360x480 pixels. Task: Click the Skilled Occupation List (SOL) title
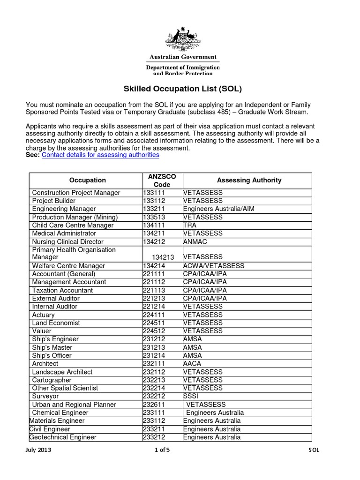182,88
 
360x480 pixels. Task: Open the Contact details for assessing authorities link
100,155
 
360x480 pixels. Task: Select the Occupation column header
87,180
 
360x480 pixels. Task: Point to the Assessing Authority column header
249,180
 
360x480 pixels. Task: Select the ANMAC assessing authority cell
195,242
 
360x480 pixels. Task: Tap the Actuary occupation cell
43,315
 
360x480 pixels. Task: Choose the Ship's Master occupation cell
52,348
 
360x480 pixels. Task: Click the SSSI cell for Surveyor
191,397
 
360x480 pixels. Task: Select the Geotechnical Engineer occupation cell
63,437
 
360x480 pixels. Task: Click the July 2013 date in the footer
39,450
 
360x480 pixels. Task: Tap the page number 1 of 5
164,450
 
